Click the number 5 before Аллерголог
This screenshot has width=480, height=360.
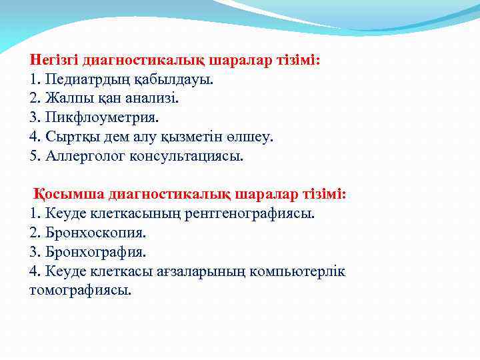(x=34, y=157)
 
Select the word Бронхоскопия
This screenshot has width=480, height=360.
(x=95, y=233)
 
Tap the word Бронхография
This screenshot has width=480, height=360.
(x=95, y=253)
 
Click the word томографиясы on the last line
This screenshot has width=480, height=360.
(x=80, y=291)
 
